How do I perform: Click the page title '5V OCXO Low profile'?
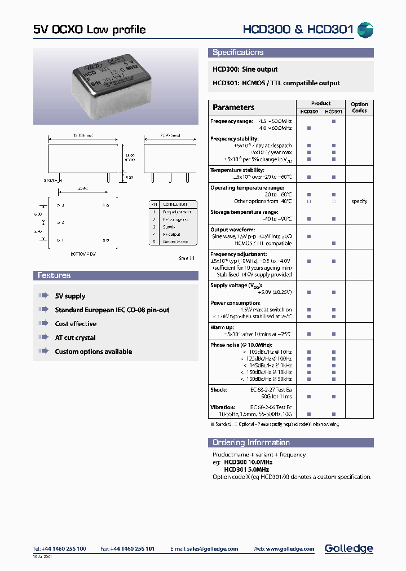tap(89, 30)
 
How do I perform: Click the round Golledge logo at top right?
tap(365, 30)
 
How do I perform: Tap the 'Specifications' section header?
tap(238, 52)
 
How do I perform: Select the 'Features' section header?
tap(54, 276)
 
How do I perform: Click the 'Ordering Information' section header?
tap(251, 443)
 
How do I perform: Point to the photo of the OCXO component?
tap(115, 86)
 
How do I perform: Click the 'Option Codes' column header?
tap(359, 107)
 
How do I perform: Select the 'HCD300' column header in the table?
tap(309, 112)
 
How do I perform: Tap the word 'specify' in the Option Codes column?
tap(359, 201)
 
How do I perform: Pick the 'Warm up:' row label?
tap(222, 327)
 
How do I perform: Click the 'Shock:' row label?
tap(219, 390)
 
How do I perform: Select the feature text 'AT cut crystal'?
tap(75, 338)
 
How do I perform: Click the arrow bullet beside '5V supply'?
tap(43, 296)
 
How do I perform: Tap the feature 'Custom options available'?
tap(93, 352)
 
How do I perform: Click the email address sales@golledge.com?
tap(213, 549)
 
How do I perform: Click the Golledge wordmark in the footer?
tap(348, 548)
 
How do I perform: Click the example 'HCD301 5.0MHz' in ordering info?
tap(246, 469)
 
